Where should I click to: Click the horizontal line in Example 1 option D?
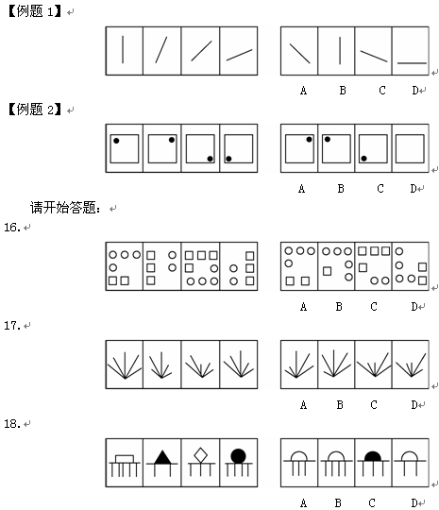(412, 63)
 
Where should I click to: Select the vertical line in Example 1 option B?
(340, 50)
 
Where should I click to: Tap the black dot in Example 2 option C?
(363, 159)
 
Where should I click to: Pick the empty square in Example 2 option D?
(410, 148)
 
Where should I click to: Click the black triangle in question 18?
(162, 457)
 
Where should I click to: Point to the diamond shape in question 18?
(201, 455)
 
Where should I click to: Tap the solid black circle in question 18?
(238, 456)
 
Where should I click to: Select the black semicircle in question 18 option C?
(373, 456)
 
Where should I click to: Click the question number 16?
(12, 227)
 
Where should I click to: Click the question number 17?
(12, 325)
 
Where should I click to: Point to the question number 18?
(12, 423)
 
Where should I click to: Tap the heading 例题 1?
(35, 11)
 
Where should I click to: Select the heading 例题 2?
(35, 110)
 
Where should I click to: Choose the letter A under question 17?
(303, 405)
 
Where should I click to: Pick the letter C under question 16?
(374, 306)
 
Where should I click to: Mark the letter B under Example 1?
(343, 90)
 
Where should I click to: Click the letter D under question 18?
(414, 502)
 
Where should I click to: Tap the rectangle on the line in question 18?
(125, 459)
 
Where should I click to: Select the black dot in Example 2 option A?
(309, 139)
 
